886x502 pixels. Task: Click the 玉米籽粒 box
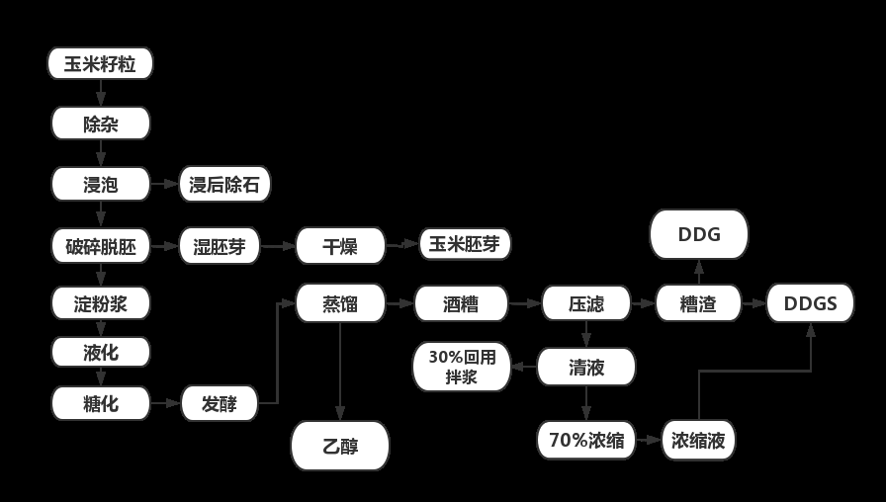click(101, 64)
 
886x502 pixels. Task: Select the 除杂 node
click(101, 125)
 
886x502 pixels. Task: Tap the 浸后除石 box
click(224, 185)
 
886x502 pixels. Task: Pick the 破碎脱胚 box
click(101, 245)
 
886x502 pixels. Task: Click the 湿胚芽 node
click(220, 245)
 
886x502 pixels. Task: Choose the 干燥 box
click(340, 245)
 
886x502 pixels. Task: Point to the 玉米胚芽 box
click(465, 244)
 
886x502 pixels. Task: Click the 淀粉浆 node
click(101, 303)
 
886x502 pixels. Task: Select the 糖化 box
click(101, 403)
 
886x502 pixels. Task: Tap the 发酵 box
click(220, 403)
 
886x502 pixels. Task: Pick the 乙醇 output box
click(340, 446)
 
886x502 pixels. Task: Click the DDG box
click(699, 235)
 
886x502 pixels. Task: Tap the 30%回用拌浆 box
click(461, 367)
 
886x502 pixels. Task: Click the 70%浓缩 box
click(586, 441)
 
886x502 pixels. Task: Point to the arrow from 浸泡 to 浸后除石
click(164, 185)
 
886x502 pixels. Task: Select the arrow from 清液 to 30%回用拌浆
click(524, 367)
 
